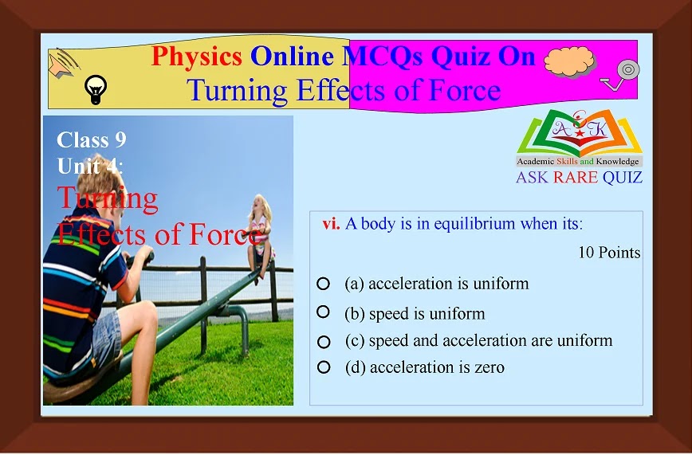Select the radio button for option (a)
[x=323, y=284]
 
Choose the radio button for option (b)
[x=323, y=312]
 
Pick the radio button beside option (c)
[x=324, y=342]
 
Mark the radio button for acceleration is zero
[x=324, y=367]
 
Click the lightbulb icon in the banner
[x=96, y=89]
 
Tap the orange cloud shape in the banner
[x=569, y=61]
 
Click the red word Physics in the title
[x=196, y=57]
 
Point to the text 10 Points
[x=609, y=253]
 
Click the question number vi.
[x=331, y=224]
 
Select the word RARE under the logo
[x=576, y=178]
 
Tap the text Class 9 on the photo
[x=92, y=140]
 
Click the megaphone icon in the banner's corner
[x=64, y=63]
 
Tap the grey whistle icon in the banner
[x=621, y=74]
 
